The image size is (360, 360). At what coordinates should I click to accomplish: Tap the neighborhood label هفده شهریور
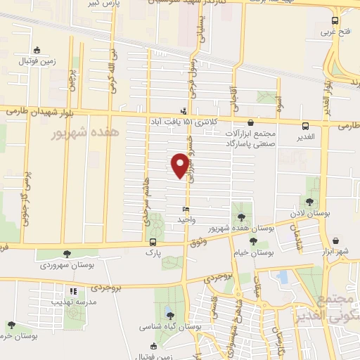86,131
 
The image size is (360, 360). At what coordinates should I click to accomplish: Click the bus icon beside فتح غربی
335,20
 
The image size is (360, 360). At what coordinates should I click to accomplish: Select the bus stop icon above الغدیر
304,127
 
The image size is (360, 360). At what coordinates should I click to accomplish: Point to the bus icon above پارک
152,243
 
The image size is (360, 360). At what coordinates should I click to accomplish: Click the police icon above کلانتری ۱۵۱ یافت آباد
184,111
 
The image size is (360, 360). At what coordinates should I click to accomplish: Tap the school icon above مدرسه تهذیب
72,291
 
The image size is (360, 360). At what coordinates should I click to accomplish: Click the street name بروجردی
107,287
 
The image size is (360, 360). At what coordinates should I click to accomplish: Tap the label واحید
185,220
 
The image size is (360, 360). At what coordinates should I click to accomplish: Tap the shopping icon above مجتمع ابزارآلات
250,122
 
